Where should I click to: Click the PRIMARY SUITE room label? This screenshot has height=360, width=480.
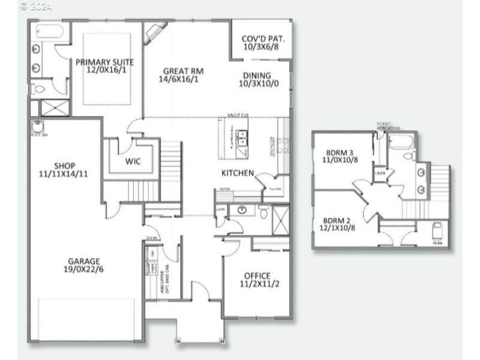pyautogui.click(x=105, y=62)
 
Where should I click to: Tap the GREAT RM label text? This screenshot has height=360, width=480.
pyautogui.click(x=181, y=71)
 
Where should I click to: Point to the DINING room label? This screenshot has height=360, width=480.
pyautogui.click(x=257, y=76)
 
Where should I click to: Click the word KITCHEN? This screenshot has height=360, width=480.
pyautogui.click(x=238, y=173)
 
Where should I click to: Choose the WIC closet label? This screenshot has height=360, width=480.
pyautogui.click(x=133, y=161)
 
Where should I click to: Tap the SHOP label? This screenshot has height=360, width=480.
pyautogui.click(x=64, y=166)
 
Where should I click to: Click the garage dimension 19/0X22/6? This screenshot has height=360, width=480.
pyautogui.click(x=83, y=271)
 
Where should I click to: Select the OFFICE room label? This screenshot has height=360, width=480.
pyautogui.click(x=257, y=276)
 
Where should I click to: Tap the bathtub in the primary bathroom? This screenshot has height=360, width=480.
pyautogui.click(x=48, y=31)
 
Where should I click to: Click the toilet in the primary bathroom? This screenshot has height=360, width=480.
pyautogui.click(x=38, y=89)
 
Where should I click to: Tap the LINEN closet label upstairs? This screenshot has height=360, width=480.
pyautogui.click(x=380, y=173)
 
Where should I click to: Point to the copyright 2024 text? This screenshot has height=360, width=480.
pyautogui.click(x=36, y=7)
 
